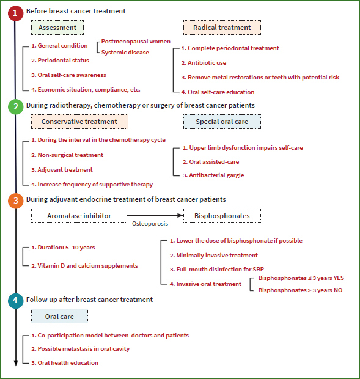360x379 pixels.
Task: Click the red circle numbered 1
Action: pyautogui.click(x=15, y=13)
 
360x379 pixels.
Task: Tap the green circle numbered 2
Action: pyautogui.click(x=15, y=106)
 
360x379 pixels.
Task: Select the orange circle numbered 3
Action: pyautogui.click(x=15, y=201)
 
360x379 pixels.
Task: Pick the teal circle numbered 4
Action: pyautogui.click(x=15, y=301)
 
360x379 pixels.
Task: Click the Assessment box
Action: pyautogui.click(x=57, y=28)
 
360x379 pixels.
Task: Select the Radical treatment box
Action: pyautogui.click(x=222, y=28)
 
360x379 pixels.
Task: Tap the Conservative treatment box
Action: pyautogui.click(x=79, y=122)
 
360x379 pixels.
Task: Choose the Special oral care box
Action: pyautogui.click(x=222, y=122)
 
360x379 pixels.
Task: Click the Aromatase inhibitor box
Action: pyautogui.click(x=79, y=215)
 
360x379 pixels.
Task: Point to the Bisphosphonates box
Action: pyautogui.click(x=222, y=215)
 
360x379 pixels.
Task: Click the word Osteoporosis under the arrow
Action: pyautogui.click(x=150, y=224)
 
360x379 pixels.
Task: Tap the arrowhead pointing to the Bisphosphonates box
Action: pyautogui.click(x=180, y=215)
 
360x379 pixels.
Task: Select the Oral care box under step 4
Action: pyautogui.click(x=59, y=316)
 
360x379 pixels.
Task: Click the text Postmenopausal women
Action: pyautogui.click(x=136, y=42)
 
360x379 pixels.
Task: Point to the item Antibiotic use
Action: pyautogui.click(x=204, y=63)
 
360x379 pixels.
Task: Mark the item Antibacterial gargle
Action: pyautogui.click(x=213, y=175)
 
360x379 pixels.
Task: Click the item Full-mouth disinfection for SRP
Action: pyautogui.click(x=217, y=269)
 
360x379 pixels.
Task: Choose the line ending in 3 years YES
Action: pyautogui.click(x=301, y=278)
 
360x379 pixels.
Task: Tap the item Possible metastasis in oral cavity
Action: pyautogui.click(x=81, y=349)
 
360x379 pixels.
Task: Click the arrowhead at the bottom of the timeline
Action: pyautogui.click(x=16, y=363)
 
